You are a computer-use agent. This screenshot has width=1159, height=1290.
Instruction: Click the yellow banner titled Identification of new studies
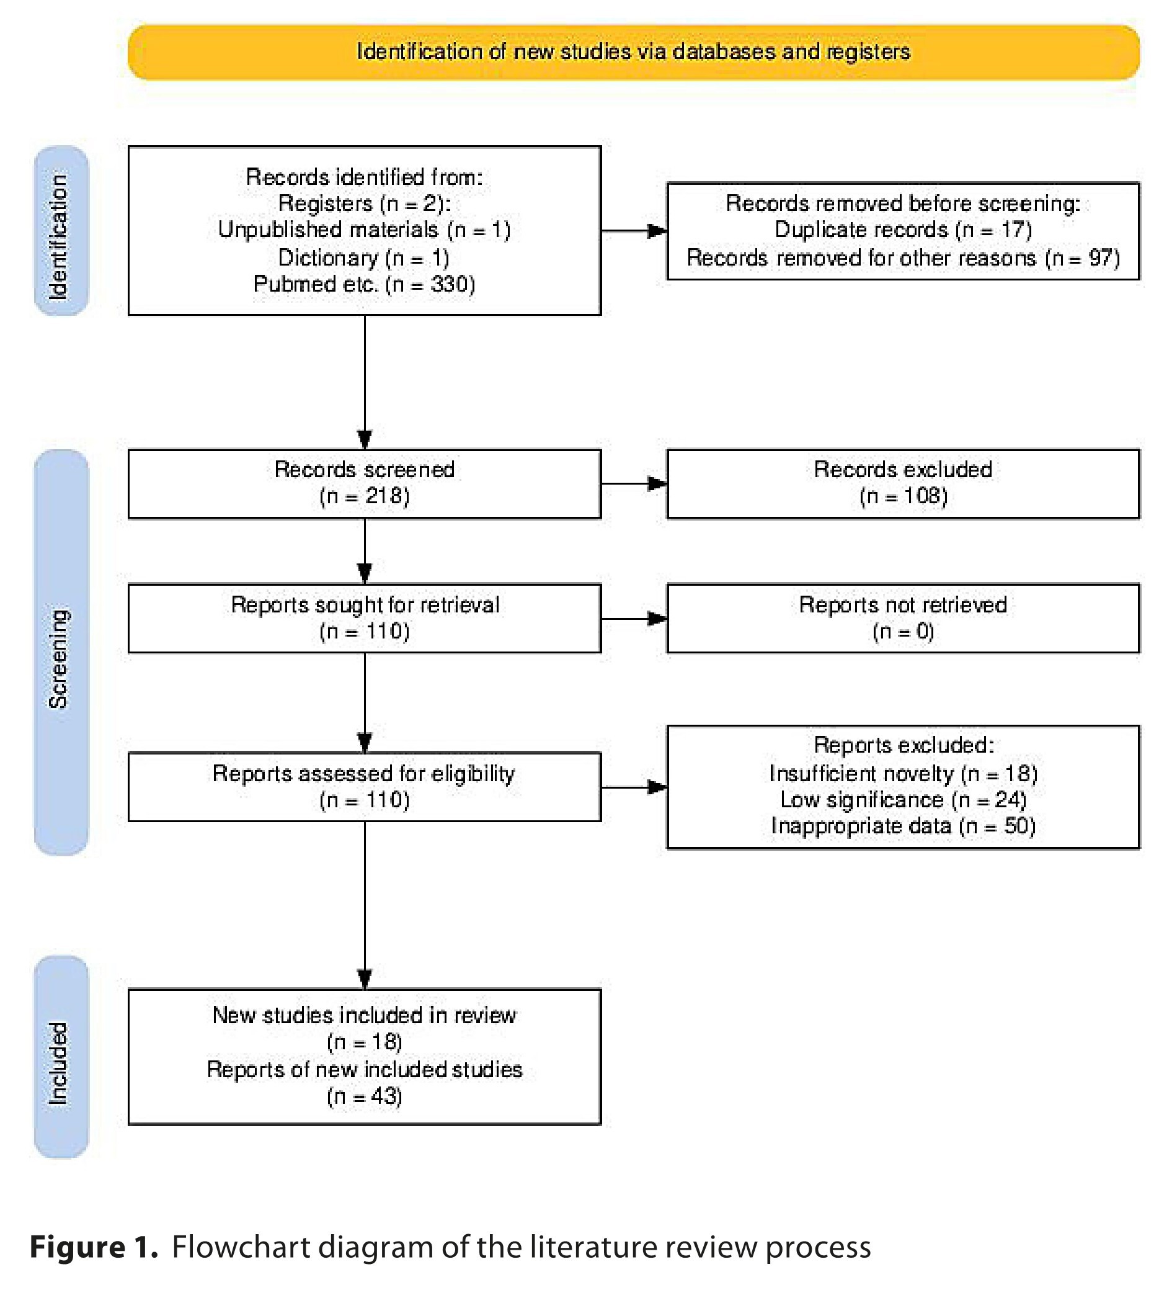click(634, 52)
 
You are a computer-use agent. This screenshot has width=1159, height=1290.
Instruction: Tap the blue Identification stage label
click(61, 231)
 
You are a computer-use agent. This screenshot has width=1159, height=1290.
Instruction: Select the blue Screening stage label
click(61, 652)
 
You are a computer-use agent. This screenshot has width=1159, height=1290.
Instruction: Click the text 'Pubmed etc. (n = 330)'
click(364, 284)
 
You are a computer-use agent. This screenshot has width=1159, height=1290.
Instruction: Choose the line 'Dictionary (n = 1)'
click(363, 258)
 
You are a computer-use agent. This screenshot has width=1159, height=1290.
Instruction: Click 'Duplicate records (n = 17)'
click(903, 230)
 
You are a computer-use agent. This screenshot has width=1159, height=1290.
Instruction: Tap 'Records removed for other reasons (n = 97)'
click(903, 258)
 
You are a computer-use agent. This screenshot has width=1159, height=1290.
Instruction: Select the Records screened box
click(364, 484)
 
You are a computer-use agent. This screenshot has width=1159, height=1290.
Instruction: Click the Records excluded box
click(903, 484)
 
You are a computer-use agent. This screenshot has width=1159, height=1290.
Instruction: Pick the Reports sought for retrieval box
click(364, 619)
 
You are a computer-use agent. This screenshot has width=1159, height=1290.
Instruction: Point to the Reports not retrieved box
click(903, 619)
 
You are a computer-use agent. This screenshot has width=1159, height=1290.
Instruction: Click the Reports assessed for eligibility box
click(364, 787)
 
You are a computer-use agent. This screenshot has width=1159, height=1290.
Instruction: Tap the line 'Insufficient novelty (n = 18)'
click(903, 773)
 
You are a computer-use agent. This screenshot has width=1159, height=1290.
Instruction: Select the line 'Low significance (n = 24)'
click(903, 799)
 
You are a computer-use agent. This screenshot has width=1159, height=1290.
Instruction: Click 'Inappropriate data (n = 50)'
click(903, 826)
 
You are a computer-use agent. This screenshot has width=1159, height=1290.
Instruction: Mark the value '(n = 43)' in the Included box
click(364, 1096)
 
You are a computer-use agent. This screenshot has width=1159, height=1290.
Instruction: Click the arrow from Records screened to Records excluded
click(634, 483)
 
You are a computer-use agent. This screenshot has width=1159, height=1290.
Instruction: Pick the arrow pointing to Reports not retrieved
click(634, 618)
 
